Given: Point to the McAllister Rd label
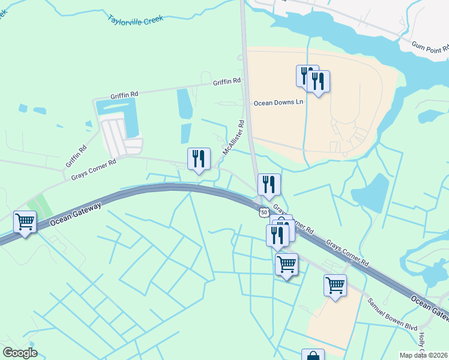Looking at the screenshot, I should click(x=234, y=139).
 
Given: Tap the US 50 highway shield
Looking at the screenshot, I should click(x=264, y=212).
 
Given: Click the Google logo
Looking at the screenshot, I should click(x=20, y=353).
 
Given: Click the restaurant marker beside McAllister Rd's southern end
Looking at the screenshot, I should click(x=199, y=159).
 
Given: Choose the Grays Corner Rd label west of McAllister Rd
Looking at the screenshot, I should click(x=93, y=169).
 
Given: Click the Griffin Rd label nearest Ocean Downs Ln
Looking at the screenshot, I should click(x=227, y=81).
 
